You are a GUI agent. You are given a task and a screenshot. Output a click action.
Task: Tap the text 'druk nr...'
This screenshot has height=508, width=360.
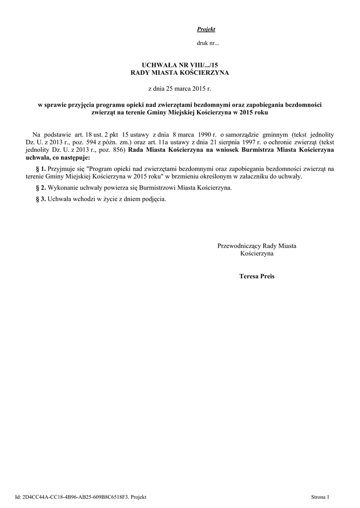point(208,43)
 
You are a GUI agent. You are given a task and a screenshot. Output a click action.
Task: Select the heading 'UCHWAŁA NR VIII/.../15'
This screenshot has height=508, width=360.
point(180,65)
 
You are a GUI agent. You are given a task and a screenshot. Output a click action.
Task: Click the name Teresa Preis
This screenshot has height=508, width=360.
point(256,276)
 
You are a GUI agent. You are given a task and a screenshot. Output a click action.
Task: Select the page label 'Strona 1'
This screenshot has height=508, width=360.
point(320,497)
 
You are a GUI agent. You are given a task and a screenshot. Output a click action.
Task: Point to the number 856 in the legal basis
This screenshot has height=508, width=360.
point(119,150)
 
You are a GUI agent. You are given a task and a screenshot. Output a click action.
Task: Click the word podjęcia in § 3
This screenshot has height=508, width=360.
point(153,199)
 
